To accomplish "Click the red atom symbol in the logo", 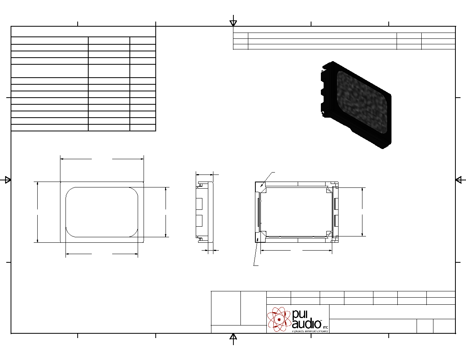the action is pyautogui.click(x=279, y=319).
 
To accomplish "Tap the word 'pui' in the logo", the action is pyautogui.click(x=300, y=314).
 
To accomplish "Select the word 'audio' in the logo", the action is pyautogui.click(x=307, y=324).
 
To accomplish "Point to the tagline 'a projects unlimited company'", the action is pyautogui.click(x=310, y=331).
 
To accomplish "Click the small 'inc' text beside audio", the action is pyautogui.click(x=326, y=327).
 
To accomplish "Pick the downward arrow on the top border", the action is pyautogui.click(x=233, y=23).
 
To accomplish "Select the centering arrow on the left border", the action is pyautogui.click(x=8, y=180).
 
